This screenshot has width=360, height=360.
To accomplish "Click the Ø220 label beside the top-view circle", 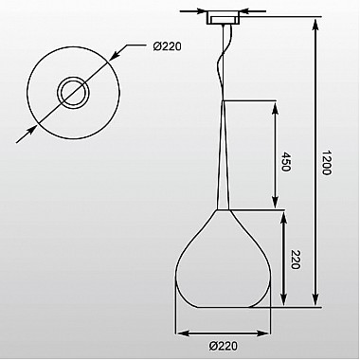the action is click(167, 46).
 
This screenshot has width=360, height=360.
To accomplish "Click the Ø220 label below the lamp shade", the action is click(224, 346).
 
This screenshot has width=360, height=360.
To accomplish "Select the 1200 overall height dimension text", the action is click(327, 163).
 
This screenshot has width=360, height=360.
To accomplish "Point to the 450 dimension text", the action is click(285, 162).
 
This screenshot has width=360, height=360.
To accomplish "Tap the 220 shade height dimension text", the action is click(295, 260).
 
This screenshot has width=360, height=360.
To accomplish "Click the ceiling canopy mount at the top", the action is click(224, 18).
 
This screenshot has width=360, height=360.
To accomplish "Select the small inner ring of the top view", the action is click(73, 93).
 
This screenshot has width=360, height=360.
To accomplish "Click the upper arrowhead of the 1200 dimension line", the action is click(315, 25).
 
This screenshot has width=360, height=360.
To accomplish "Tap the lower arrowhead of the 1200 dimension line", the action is click(315, 297).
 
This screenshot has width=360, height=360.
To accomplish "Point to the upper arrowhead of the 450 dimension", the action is click(276, 108).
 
